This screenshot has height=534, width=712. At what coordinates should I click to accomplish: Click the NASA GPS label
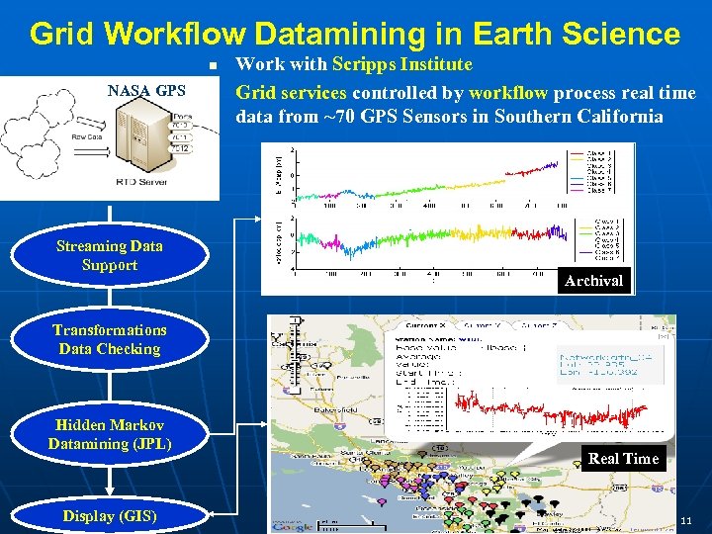tap(145, 92)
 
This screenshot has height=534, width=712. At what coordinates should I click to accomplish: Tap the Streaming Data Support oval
tap(109, 256)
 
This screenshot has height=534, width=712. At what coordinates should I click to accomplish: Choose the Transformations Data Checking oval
tap(109, 339)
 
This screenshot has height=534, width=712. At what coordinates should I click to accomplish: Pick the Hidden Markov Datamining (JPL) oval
tap(109, 434)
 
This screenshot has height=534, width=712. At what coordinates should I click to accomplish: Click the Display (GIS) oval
tap(109, 515)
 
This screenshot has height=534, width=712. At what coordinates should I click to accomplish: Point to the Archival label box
tap(593, 281)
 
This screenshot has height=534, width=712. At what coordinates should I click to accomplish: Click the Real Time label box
tap(623, 458)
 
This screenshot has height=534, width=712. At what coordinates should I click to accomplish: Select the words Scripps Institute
tap(402, 64)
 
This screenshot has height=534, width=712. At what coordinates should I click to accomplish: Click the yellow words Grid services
tap(291, 92)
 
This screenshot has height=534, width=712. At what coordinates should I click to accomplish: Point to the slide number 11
tap(686, 520)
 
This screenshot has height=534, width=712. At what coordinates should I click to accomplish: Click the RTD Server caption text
tap(140, 180)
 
